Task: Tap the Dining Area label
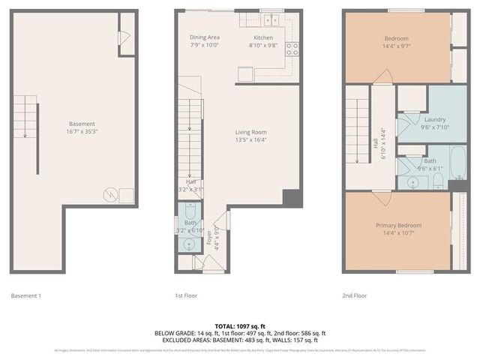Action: tap(204, 37)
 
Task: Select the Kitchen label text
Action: tap(263, 37)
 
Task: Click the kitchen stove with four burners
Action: tap(292, 49)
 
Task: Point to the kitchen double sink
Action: tap(269, 20)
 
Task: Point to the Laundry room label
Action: tap(435, 119)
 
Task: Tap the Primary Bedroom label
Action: tap(398, 225)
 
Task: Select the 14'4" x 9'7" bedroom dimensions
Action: tap(397, 46)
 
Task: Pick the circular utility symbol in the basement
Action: tap(109, 193)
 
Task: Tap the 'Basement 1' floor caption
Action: tap(26, 295)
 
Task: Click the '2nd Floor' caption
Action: tap(355, 295)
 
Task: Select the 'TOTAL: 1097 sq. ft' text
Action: tap(239, 326)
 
